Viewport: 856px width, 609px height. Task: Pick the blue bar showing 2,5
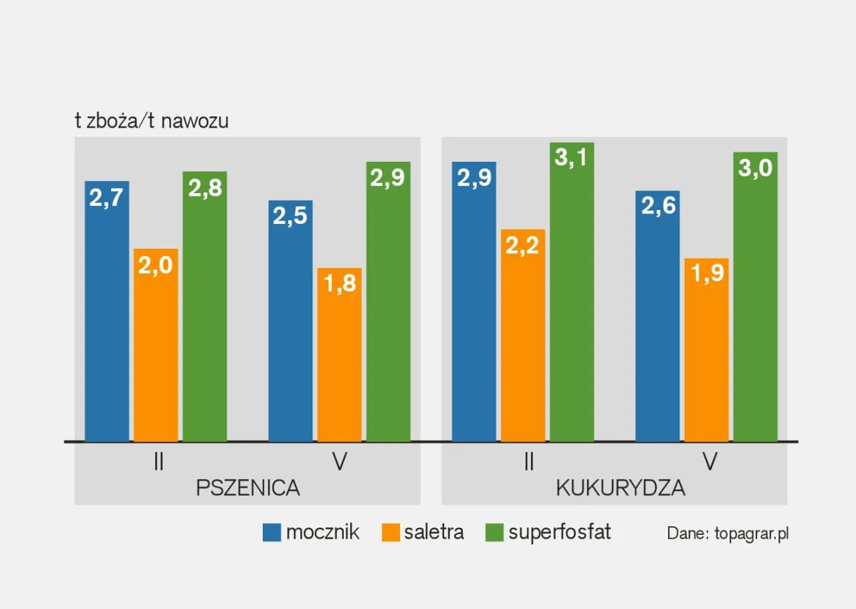tap(290, 321)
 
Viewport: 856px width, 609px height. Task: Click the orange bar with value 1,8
tap(340, 354)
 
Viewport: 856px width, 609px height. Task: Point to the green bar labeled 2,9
tap(389, 301)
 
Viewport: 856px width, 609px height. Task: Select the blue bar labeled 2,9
tap(474, 301)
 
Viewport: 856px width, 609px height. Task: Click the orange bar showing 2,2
tap(523, 335)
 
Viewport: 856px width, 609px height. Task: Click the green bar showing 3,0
tap(756, 297)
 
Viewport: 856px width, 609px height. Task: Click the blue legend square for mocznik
tap(272, 533)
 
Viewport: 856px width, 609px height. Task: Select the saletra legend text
tap(433, 532)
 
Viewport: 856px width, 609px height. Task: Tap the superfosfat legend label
tap(560, 532)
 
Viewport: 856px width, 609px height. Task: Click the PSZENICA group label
tap(248, 488)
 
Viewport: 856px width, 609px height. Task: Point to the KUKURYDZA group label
tap(621, 488)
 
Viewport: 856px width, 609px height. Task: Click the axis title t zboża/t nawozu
tap(152, 122)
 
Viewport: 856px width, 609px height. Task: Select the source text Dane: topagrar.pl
tap(728, 533)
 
